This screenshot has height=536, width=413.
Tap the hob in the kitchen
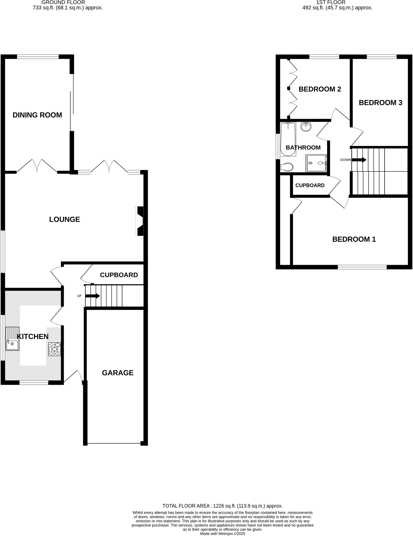pos(55,349)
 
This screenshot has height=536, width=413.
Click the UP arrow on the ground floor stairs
pos(93,296)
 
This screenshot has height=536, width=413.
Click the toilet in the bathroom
pos(287,167)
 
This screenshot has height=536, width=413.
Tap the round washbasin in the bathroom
pos(306,127)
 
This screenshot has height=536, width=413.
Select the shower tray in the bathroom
pos(316,163)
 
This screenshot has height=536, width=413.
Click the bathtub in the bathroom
pos(288,139)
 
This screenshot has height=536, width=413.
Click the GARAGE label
pos(118,373)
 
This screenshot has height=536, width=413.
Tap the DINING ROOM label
pos(37,115)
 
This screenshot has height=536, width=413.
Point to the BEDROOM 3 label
pos(380,103)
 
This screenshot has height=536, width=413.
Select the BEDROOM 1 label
pos(354,239)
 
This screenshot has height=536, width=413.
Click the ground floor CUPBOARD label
pos(119,275)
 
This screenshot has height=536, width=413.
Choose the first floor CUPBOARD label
pos(310,185)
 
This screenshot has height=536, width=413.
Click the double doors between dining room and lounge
pos(37,166)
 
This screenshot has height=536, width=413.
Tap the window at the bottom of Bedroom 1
pos(362,267)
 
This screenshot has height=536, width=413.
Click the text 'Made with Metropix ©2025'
pos(223,533)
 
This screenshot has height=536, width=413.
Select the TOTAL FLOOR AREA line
pos(223,506)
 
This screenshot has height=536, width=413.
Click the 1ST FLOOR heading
pos(331,2)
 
